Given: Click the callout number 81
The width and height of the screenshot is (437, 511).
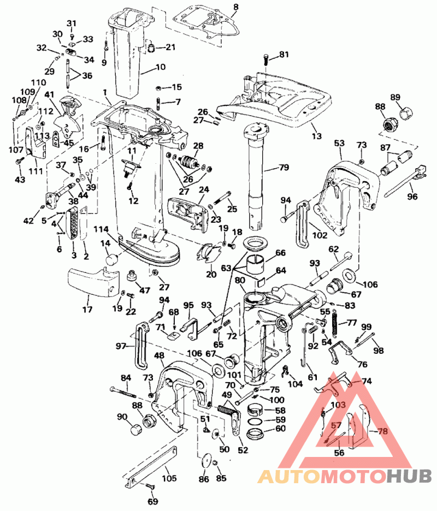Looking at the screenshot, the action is pos(284,54).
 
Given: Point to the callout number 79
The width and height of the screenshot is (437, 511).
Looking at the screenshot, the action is pos(284,167).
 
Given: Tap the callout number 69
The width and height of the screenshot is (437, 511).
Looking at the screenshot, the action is pos(152,501).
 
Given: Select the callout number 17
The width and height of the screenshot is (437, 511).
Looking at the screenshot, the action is pos(87,309).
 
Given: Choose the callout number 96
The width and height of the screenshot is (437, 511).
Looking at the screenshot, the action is pos(412,196).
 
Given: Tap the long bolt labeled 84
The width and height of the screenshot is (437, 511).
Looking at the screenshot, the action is pos(123,392).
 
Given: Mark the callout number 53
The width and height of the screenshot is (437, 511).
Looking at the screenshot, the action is pos(339,142).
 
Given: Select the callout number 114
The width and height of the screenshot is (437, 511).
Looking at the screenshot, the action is pos(101,229).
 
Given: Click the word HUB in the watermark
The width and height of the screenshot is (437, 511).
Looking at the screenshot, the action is pos(410,476).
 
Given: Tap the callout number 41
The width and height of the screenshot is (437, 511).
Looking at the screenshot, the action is pos(49,94).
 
